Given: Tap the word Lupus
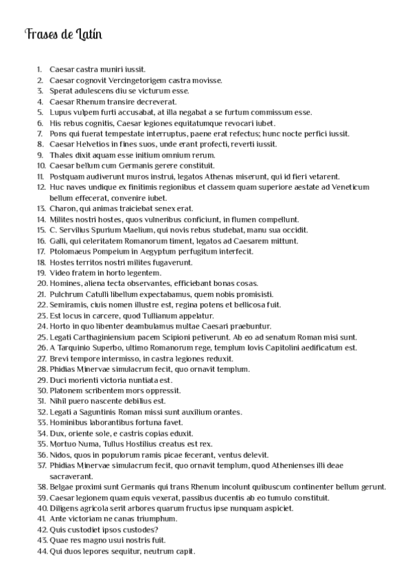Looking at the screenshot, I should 60,112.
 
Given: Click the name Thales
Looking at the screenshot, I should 61,155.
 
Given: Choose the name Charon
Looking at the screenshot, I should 62,208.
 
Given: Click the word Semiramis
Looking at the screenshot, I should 69,305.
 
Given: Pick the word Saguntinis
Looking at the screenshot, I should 98,412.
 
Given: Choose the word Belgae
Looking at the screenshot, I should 62,487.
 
